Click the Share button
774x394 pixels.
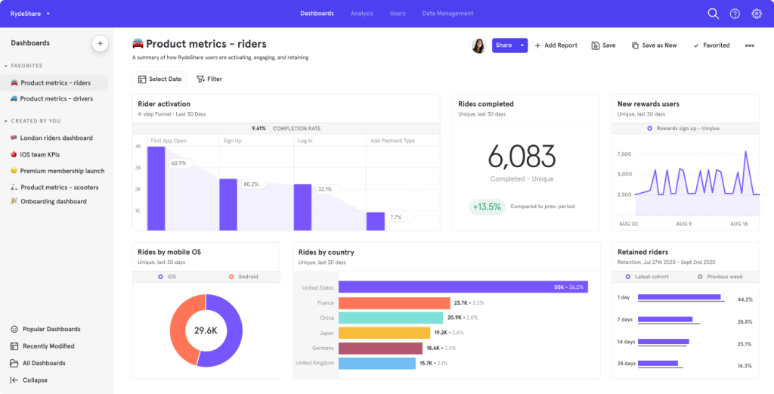[503, 45]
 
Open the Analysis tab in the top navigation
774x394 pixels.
[361, 13]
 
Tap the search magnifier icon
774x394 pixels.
[713, 14]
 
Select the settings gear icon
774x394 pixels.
[756, 14]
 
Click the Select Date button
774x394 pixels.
[159, 79]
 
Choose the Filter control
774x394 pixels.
[209, 79]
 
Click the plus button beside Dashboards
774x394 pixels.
[100, 43]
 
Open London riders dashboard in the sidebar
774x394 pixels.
[56, 138]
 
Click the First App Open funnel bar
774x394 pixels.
[156, 188]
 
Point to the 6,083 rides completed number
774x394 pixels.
[522, 157]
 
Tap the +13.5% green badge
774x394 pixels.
[487, 206]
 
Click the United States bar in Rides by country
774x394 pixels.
[463, 287]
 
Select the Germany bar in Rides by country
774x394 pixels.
[379, 348]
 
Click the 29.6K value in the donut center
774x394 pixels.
[206, 330]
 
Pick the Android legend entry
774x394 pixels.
[243, 277]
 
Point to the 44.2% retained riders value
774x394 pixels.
[744, 299]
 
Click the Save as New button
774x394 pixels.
[654, 45]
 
